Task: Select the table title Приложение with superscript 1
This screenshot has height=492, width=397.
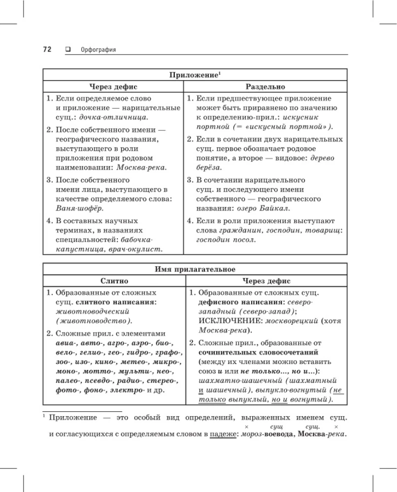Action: (x=195, y=75)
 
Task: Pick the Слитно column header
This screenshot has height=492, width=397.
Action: (x=114, y=281)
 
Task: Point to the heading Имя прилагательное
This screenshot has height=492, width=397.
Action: (x=195, y=269)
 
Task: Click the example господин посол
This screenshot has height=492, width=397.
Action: (x=226, y=240)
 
